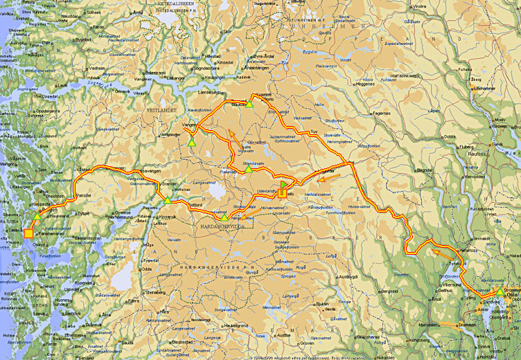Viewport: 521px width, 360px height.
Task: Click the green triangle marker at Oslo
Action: [x=500, y=291]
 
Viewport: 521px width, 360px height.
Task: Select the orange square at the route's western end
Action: [x=28, y=234]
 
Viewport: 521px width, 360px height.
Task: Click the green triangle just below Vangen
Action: [x=191, y=142]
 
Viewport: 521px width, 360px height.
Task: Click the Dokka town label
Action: [x=450, y=136]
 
